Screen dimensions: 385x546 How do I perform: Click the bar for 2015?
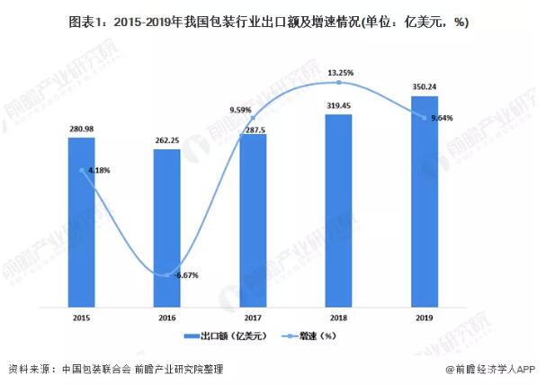click(81, 220)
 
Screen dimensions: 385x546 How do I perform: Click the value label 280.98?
click(81, 129)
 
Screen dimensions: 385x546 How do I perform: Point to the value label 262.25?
click(166, 140)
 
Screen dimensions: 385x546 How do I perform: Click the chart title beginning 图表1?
click(273, 20)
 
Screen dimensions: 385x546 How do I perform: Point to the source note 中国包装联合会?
click(95, 369)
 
